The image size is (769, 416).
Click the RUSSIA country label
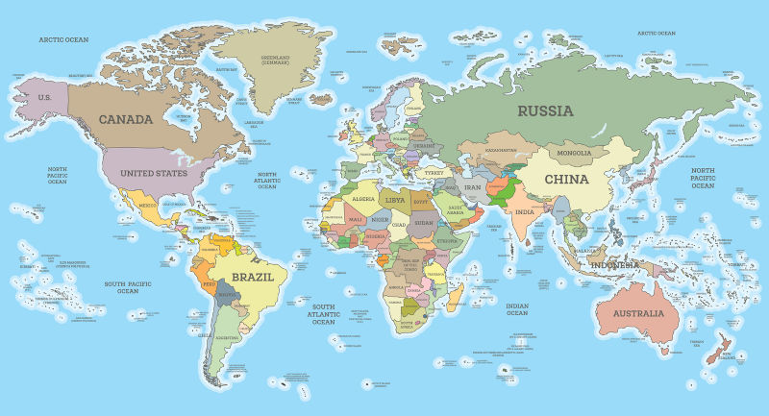[545, 110]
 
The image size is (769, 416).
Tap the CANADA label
[125, 119]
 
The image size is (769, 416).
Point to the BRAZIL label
[254, 276]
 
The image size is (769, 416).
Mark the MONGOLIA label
[567, 153]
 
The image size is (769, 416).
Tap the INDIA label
[524, 212]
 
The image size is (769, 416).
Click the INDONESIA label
[614, 265]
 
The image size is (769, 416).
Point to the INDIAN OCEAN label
[517, 308]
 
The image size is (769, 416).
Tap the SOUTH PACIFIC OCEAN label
[128, 287]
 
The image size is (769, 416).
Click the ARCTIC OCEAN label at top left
[63, 39]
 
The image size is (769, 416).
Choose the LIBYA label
[394, 200]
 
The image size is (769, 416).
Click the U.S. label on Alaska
[44, 98]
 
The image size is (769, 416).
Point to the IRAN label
[472, 187]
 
